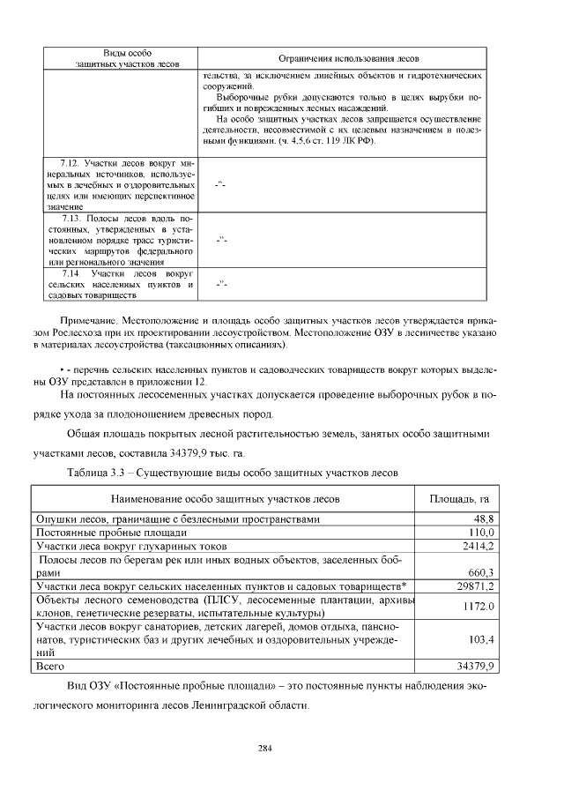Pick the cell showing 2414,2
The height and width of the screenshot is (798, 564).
478,546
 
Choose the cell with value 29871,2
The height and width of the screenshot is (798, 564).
476,585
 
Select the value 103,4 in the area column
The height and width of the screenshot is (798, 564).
481,638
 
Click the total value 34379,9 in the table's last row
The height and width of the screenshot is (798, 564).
476,666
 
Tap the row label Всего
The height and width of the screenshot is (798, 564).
50,666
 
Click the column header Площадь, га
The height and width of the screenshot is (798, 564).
458,499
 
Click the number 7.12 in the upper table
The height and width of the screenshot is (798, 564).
70,164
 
